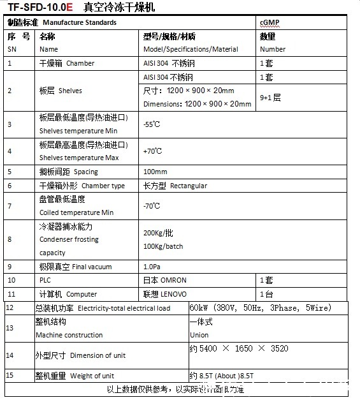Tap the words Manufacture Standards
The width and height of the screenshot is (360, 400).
(x=80, y=22)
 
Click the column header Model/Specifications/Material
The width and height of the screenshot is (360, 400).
(x=191, y=49)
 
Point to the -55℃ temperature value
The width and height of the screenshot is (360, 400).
(x=152, y=124)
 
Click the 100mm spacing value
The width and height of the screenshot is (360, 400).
(x=155, y=172)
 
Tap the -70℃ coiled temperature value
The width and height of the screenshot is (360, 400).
(x=152, y=206)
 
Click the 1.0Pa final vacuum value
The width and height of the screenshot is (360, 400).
(x=152, y=266)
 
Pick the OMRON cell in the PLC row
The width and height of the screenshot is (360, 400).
(x=164, y=280)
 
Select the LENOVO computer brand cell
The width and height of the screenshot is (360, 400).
(x=165, y=294)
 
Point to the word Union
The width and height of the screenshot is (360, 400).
(x=199, y=335)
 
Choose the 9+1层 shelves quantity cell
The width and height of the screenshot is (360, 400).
(x=270, y=98)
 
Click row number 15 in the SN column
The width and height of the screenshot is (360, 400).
(x=10, y=376)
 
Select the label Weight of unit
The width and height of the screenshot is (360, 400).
(x=93, y=376)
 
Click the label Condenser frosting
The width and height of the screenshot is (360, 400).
(x=69, y=239)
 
